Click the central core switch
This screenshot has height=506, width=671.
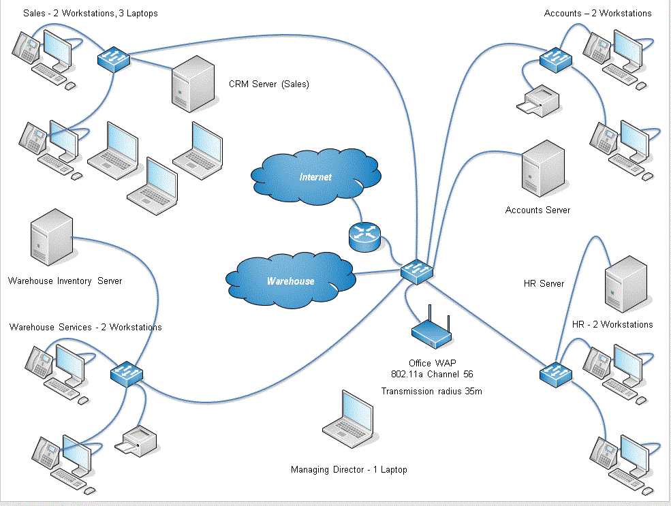pos(416,271)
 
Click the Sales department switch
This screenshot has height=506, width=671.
pos(114,59)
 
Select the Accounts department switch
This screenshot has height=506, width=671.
pos(557,59)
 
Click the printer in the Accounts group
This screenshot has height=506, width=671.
pos(538,101)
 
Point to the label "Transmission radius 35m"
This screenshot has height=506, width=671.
pos(432,391)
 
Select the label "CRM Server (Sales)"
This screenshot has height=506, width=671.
pos(269,84)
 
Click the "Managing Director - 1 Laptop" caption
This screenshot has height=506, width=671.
pos(349,470)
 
